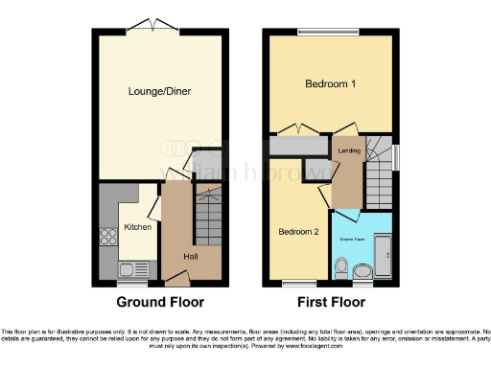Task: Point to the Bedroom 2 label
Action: pos(298,231)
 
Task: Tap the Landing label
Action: pos(346,149)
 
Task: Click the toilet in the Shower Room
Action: pos(362,273)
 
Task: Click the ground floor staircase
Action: pos(208,216)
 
